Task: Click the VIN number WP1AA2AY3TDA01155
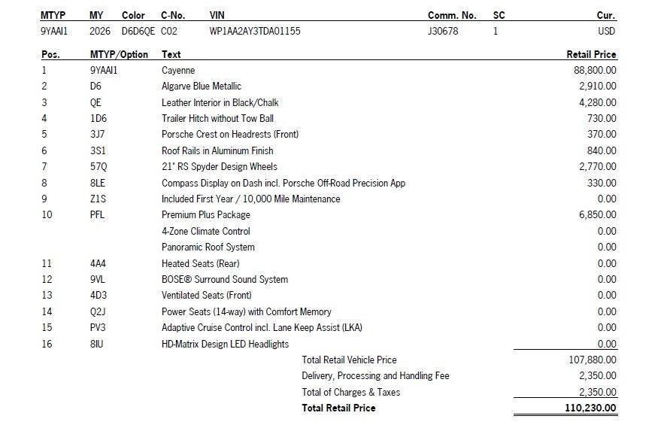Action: pyautogui.click(x=255, y=32)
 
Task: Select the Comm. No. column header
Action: pyautogui.click(x=452, y=15)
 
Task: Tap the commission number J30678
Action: pyautogui.click(x=443, y=32)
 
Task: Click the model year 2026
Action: pyautogui.click(x=99, y=32)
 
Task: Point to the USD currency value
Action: pyautogui.click(x=606, y=32)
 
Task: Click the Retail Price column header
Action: pyautogui.click(x=591, y=54)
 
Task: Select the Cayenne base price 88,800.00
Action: pyautogui.click(x=595, y=70)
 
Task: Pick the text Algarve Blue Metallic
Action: pyautogui.click(x=202, y=87)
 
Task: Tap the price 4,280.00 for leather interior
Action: pyautogui.click(x=598, y=102)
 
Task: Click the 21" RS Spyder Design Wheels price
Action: pyautogui.click(x=598, y=167)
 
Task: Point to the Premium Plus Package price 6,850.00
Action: pyautogui.click(x=598, y=215)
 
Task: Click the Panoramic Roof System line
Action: pyautogui.click(x=208, y=247)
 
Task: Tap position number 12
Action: pyautogui.click(x=47, y=280)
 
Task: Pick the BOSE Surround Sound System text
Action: pyautogui.click(x=225, y=280)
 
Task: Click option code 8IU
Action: pyautogui.click(x=98, y=345)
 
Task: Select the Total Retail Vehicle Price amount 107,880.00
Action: pyautogui.click(x=593, y=360)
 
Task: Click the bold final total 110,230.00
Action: pyautogui.click(x=591, y=408)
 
